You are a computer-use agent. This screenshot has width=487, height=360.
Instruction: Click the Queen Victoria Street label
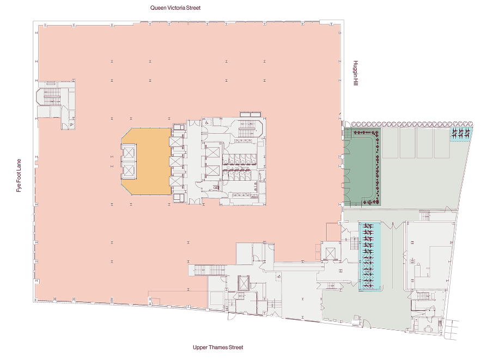175,8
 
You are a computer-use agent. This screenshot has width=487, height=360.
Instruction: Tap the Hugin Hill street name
356,73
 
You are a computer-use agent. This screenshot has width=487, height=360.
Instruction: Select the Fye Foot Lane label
19,175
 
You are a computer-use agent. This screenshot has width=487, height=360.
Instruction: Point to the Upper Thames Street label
218,347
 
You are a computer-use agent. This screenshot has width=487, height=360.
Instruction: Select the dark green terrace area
362,168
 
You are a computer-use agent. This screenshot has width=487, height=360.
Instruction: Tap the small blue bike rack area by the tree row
461,134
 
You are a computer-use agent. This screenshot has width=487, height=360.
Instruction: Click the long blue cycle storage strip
369,257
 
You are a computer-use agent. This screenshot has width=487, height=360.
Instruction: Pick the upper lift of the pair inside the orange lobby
129,152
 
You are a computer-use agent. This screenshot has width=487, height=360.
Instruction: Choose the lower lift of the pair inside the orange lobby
129,170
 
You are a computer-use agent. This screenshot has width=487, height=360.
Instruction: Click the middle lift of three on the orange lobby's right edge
175,162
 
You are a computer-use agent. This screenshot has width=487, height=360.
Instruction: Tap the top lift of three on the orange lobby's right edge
175,142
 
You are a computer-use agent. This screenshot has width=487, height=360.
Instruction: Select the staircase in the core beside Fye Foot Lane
52,96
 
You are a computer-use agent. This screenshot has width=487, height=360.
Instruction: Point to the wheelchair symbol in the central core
206,123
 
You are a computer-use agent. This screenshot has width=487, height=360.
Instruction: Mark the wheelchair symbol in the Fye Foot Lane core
72,124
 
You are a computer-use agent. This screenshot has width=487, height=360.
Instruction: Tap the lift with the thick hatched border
243,283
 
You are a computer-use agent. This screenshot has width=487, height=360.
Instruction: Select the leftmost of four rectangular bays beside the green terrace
391,143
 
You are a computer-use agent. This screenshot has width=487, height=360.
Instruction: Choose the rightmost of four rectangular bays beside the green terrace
442,143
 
